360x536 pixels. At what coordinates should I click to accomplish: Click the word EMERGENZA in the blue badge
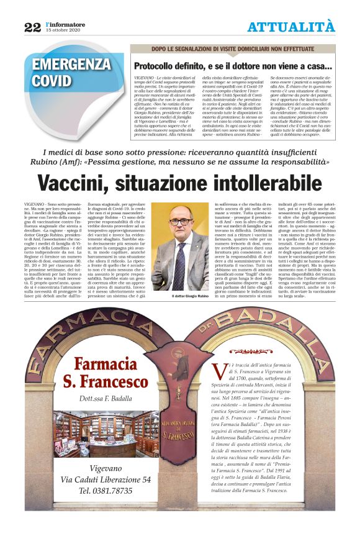71,65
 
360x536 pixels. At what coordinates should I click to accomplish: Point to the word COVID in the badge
52,81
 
